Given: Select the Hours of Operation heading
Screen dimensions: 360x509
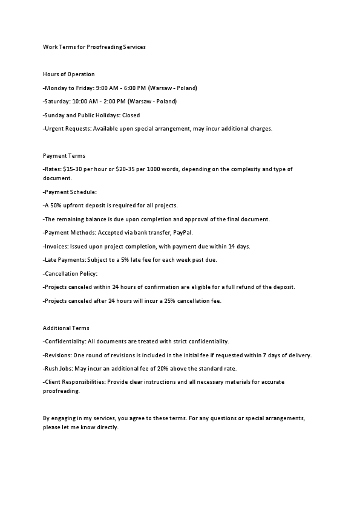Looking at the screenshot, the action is coord(69,74).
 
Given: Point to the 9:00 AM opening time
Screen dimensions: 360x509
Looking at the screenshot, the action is coord(107,88).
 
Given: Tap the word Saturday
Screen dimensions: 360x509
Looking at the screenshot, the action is coord(57,102).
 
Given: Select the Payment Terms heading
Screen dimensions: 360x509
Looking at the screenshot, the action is coord(64,156).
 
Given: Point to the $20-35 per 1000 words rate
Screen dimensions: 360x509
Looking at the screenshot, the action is coord(133,169).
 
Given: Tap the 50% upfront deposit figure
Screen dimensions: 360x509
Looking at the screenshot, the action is coord(58,206).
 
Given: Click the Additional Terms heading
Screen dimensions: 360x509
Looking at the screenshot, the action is coord(66,328).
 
